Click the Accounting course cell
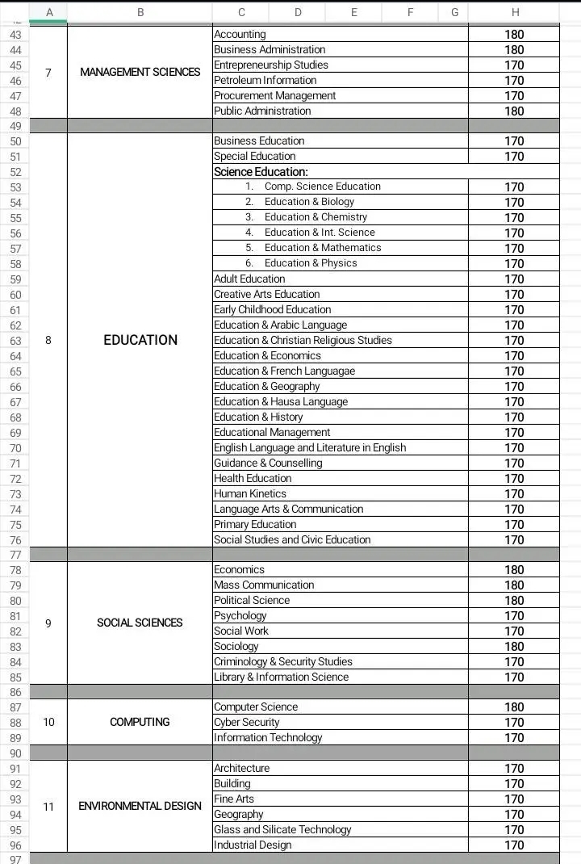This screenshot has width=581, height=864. point(240,34)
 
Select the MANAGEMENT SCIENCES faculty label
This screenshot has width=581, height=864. point(140,72)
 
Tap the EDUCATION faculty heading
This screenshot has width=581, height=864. point(140,340)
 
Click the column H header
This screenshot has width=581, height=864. point(515,12)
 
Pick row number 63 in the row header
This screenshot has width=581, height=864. point(15,341)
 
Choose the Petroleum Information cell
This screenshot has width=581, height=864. point(265,80)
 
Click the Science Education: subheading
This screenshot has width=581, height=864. point(261,171)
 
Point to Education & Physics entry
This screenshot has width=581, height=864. point(310,263)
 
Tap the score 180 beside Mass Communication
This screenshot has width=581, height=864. point(514,585)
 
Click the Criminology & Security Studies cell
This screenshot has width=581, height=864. point(282,661)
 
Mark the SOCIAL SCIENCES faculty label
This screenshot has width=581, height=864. point(140,623)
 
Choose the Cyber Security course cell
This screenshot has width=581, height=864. point(246,722)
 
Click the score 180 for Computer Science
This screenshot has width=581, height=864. point(514,707)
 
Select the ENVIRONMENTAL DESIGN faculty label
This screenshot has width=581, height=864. point(140,806)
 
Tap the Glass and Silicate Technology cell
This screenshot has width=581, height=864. point(282,829)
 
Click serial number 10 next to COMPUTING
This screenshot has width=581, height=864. point(48,722)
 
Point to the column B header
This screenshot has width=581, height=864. point(140,12)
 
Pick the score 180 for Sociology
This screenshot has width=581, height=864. point(514,646)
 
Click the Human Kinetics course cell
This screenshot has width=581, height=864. point(249,493)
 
